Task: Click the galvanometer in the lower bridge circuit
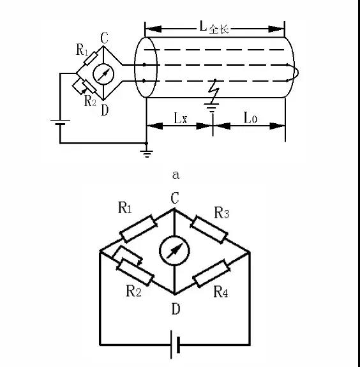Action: [x=174, y=250]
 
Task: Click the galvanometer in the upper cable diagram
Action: [x=103, y=74]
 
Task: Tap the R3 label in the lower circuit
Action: [x=221, y=213]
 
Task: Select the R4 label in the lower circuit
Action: [x=221, y=292]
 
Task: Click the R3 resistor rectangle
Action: [x=209, y=230]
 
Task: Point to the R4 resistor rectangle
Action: [x=211, y=273]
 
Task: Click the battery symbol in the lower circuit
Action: [x=175, y=345]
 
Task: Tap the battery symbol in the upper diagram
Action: [x=60, y=122]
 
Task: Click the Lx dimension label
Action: [x=181, y=118]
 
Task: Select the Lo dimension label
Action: [x=250, y=117]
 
